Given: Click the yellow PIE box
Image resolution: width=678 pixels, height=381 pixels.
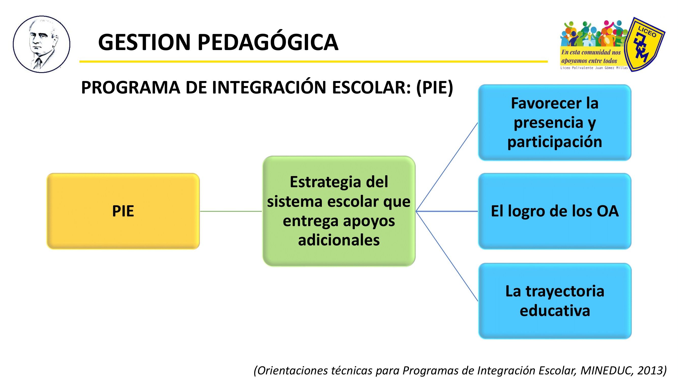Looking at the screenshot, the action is coord(123,211).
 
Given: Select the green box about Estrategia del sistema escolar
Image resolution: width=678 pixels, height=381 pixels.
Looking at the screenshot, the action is coord(339,211).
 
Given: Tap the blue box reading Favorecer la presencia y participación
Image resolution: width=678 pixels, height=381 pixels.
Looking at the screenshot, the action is coord(555,122).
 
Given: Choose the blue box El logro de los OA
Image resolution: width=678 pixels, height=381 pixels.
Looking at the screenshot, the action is coord(555,211).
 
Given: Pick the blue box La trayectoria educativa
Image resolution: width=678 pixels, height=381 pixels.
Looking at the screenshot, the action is coord(555,301).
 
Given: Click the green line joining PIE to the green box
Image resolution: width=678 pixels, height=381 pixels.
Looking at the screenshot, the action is coord(231,211).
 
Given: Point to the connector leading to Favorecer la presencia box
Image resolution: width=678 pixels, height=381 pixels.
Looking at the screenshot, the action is coord(447,167).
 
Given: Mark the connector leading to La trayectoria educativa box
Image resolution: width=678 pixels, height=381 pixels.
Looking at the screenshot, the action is coord(447,256).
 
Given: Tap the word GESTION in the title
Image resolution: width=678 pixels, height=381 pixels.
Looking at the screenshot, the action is coord(144,42).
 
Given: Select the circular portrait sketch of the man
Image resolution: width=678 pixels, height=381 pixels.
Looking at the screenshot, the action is coord(42,44).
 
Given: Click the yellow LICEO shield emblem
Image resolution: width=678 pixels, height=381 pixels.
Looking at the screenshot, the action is coord(644,44).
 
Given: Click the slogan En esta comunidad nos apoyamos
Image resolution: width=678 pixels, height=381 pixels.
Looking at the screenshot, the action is coord(591,57).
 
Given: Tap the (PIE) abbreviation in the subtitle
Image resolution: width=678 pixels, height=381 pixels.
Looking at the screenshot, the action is coord(434,87).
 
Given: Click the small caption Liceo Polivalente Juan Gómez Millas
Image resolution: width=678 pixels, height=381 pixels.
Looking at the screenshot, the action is coord(594,68).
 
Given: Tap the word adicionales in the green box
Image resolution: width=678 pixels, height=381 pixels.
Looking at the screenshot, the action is coord(339,240).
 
